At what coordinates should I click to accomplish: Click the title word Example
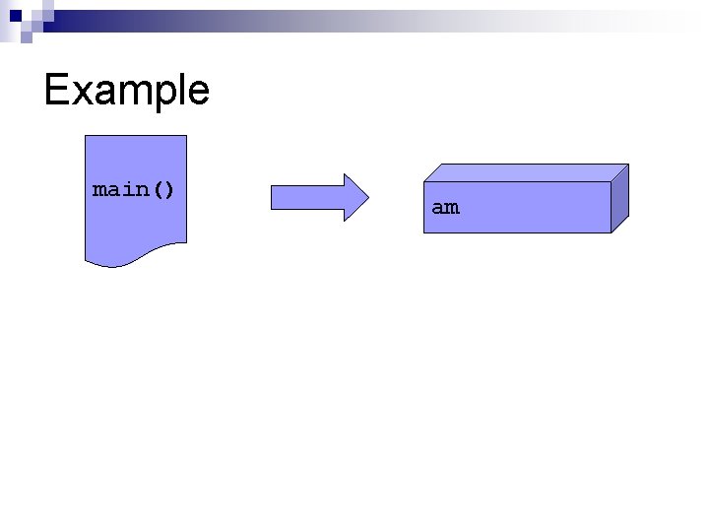(127, 91)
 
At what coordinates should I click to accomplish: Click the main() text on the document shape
(134, 188)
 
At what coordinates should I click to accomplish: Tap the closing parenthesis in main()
(169, 188)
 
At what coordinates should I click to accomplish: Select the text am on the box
(445, 208)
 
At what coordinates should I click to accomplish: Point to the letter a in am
(438, 209)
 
